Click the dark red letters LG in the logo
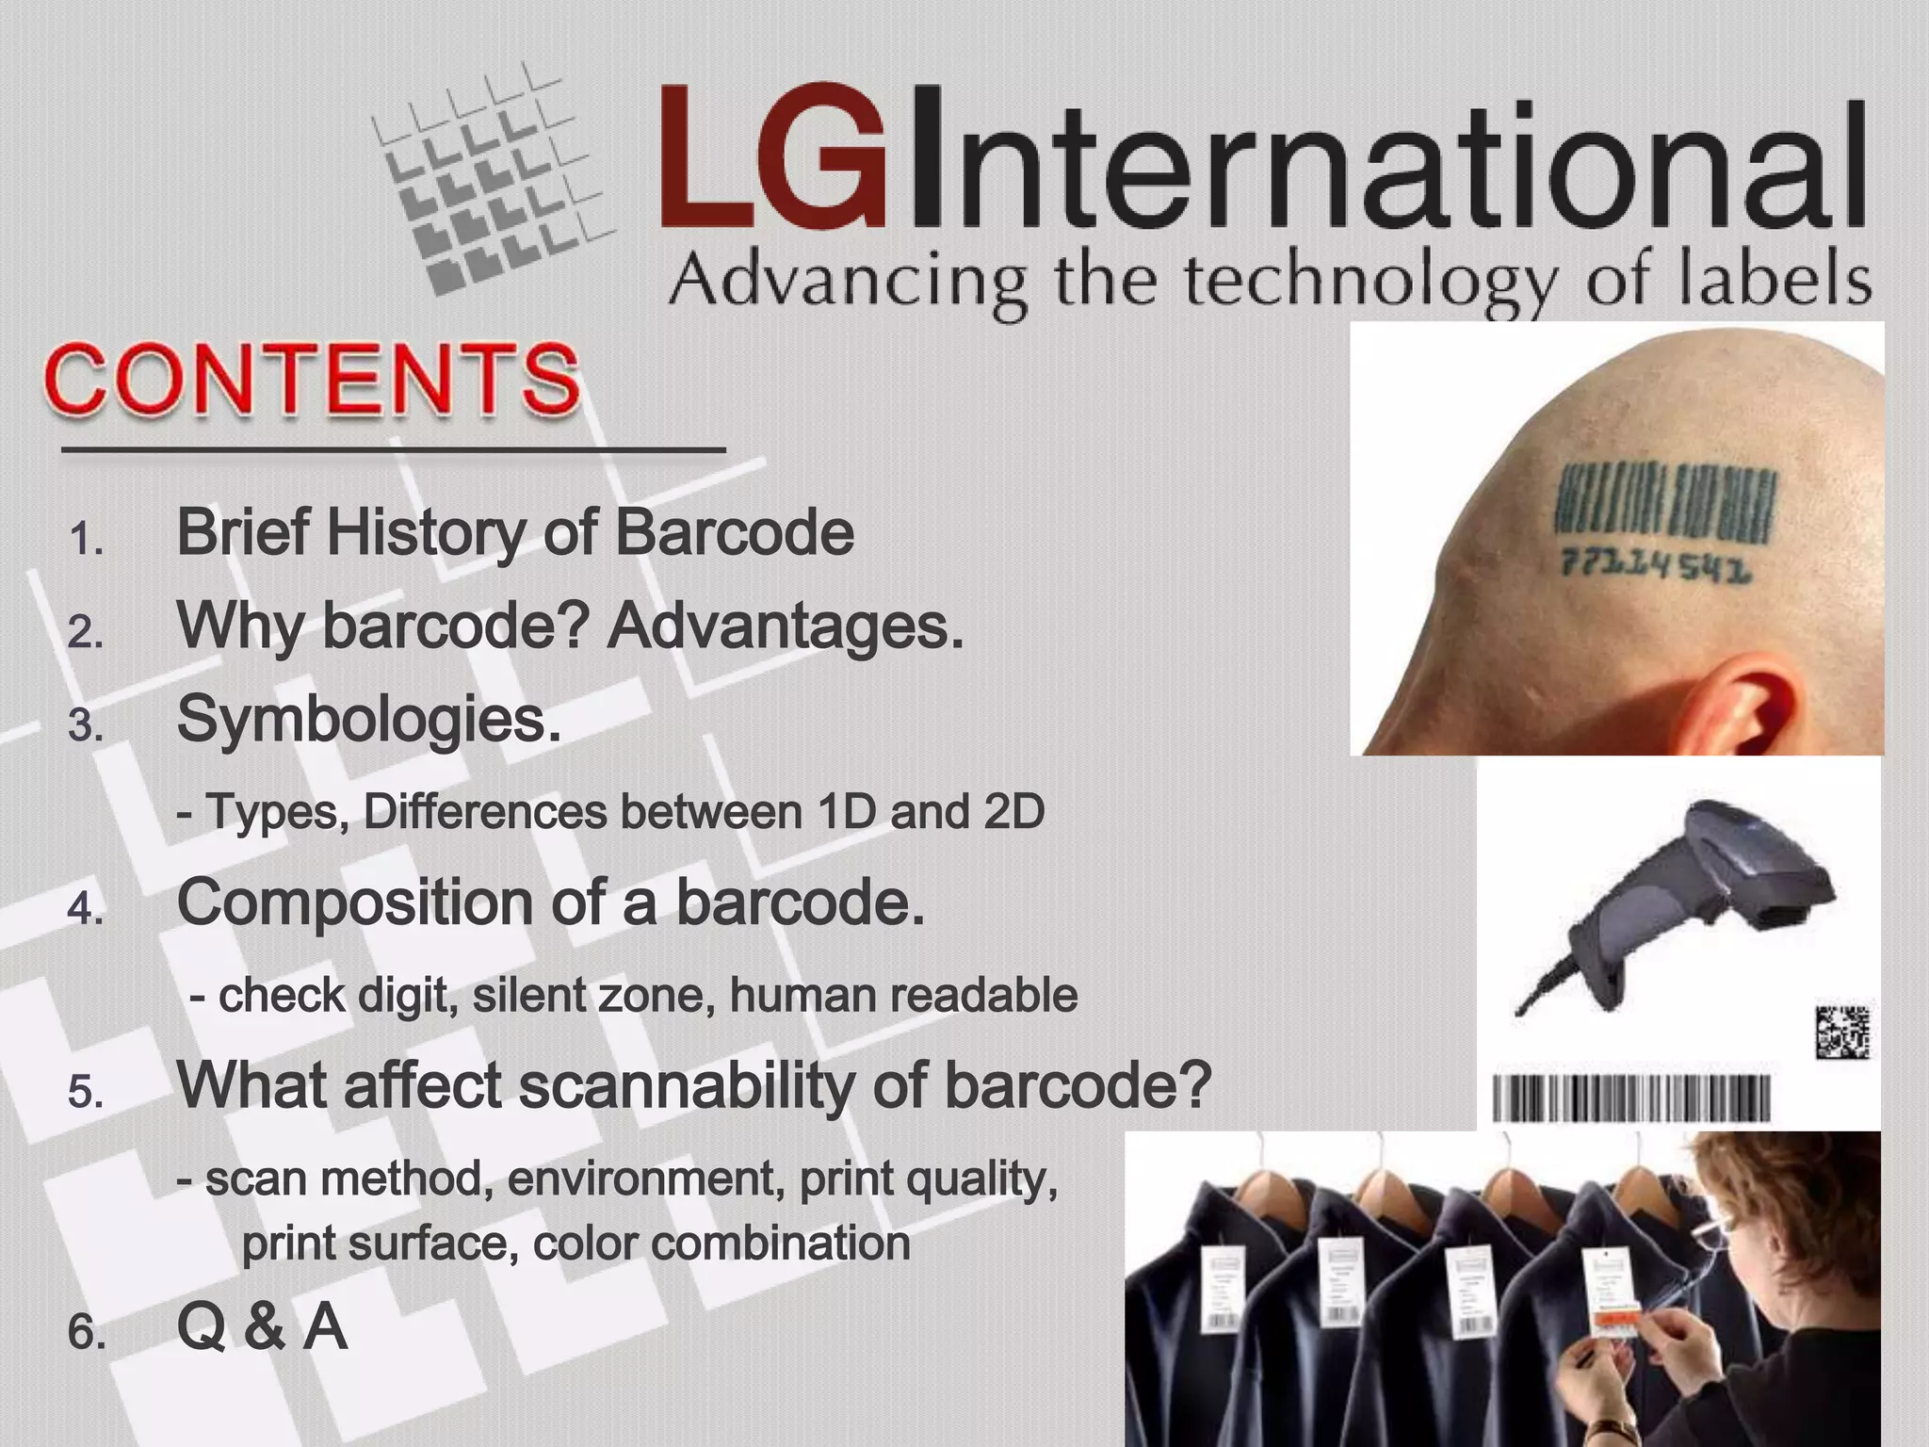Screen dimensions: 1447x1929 click(x=772, y=158)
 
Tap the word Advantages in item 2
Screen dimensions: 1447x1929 click(x=785, y=626)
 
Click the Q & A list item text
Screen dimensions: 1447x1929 click(x=262, y=1327)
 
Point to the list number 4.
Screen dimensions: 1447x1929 click(x=86, y=909)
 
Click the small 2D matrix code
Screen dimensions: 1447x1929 click(x=1841, y=1032)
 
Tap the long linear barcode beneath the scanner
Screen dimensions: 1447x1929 click(x=1631, y=1098)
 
